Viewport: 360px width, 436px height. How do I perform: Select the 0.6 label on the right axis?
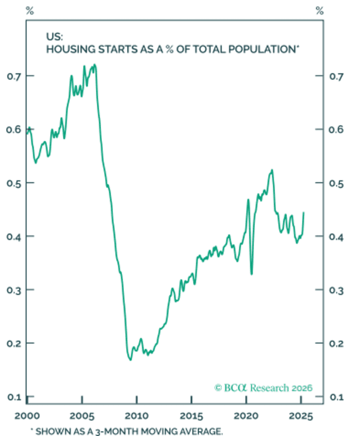pos(336,130)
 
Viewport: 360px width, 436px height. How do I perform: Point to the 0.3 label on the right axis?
pos(336,290)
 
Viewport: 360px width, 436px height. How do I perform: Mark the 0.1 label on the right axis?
pos(336,397)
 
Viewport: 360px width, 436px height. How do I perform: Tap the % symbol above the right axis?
pos(320,11)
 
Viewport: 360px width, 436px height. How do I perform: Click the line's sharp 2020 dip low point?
pos(252,274)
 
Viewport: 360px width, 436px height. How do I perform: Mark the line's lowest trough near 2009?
pos(131,360)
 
